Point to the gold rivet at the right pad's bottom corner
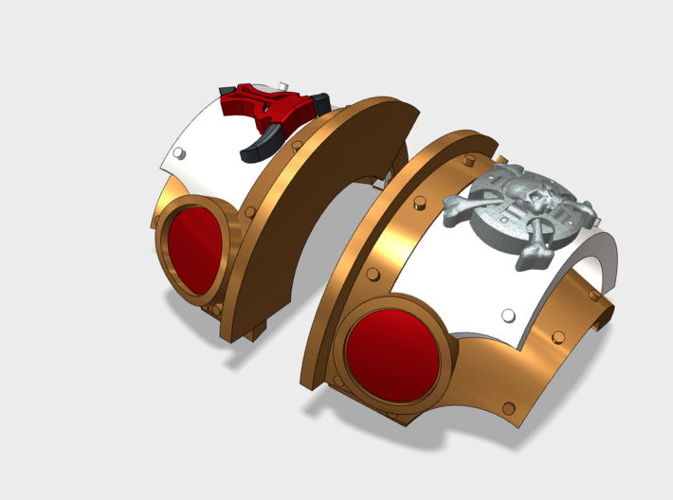click(x=509, y=409)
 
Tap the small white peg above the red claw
click(x=227, y=89)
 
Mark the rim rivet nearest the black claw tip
click(x=298, y=145)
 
